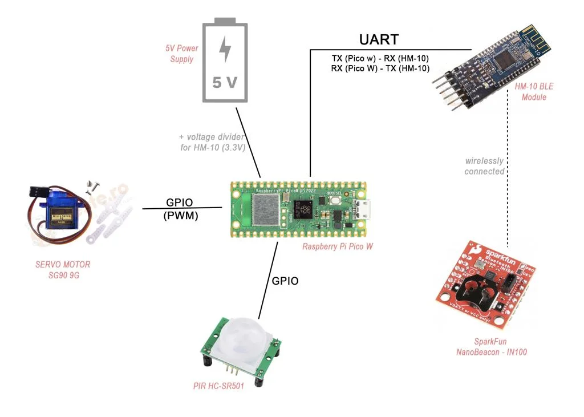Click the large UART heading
click(379, 40)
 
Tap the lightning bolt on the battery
click(226, 50)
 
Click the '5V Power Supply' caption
click(182, 54)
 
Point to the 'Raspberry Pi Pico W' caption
click(338, 246)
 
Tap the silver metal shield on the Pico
click(263, 209)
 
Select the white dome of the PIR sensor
click(244, 338)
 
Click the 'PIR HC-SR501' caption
click(218, 386)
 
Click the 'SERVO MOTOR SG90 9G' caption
click(62, 269)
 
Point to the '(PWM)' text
click(180, 215)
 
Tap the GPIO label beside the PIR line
click(285, 281)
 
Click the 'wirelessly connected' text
click(484, 166)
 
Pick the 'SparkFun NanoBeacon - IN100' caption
click(491, 347)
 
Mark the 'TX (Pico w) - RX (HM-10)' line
click(380, 58)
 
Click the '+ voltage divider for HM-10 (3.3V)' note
click(212, 142)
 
